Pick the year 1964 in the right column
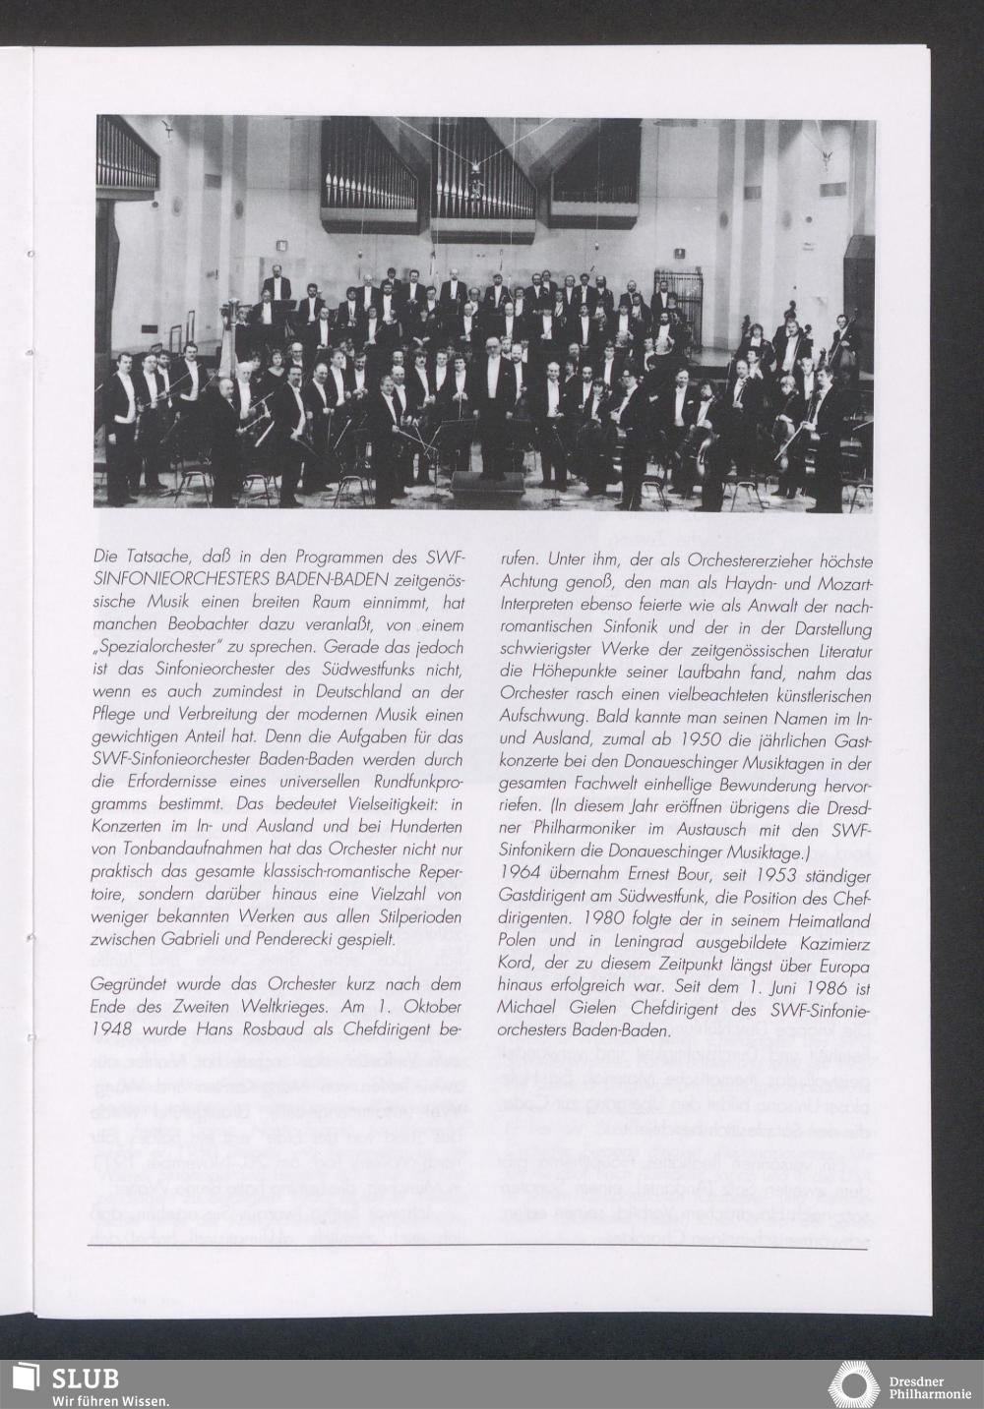pos(523,875)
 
